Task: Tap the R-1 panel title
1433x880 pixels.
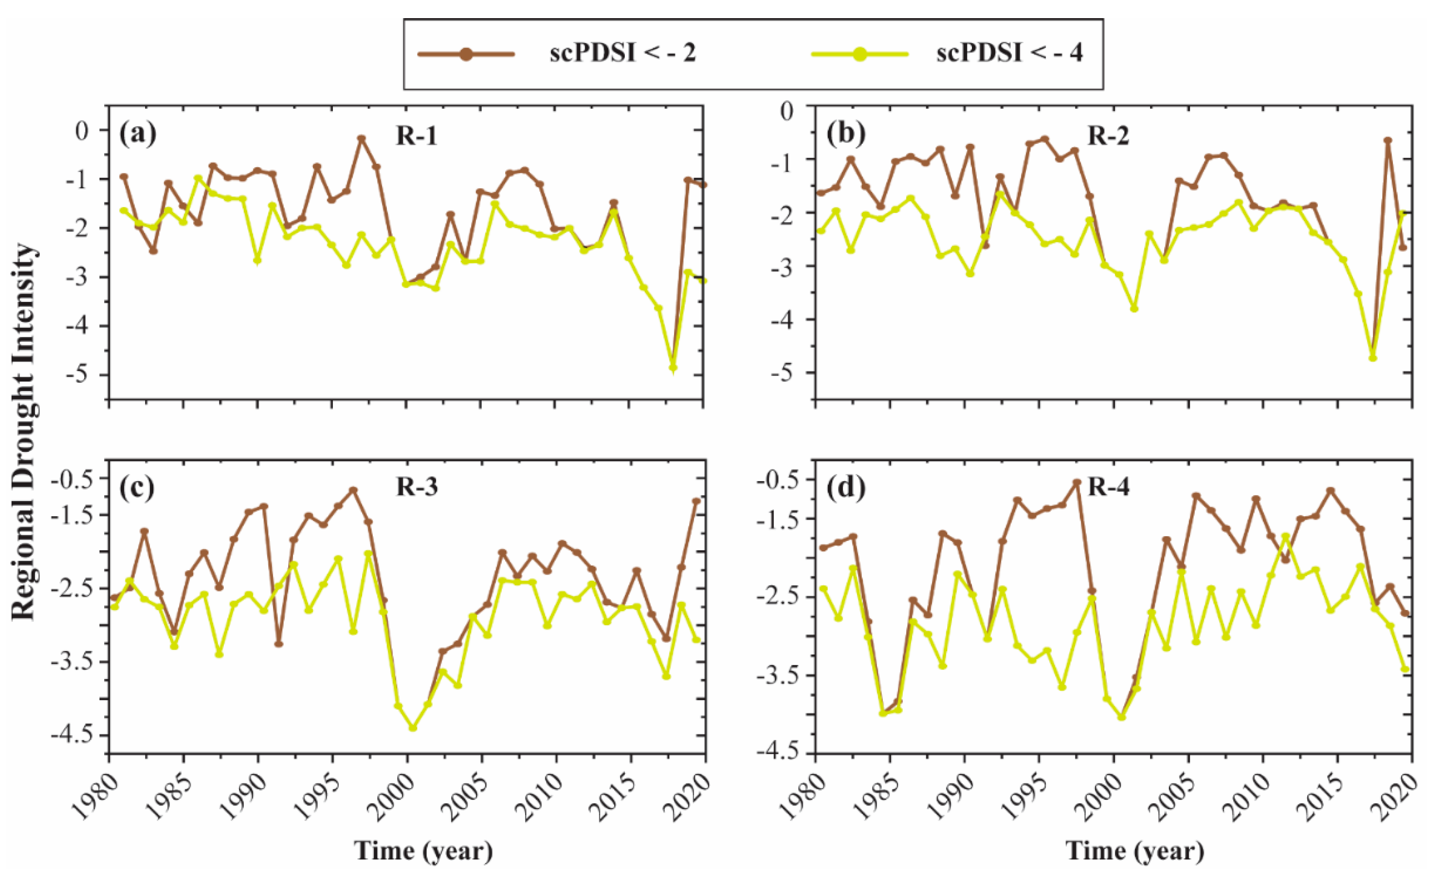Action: [416, 136]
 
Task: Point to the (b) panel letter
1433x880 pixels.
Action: [845, 134]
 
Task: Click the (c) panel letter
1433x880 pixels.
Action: [137, 487]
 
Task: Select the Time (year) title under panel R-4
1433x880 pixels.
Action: [1135, 851]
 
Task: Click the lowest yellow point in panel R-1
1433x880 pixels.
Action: [673, 368]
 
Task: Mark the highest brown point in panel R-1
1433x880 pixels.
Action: [361, 139]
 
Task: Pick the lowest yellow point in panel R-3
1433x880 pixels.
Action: [413, 728]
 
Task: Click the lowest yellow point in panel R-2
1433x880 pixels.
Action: [1373, 358]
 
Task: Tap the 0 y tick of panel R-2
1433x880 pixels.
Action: [787, 111]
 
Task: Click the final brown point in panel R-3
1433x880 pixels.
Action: [696, 501]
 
